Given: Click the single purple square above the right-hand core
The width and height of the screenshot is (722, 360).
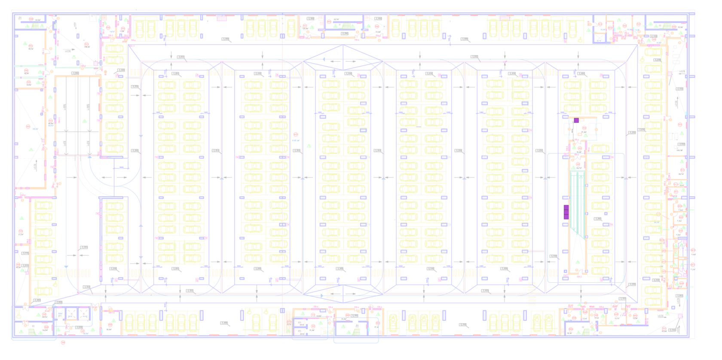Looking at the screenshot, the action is (x=576, y=120).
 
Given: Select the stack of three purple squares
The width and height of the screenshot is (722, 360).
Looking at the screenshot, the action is (x=566, y=212).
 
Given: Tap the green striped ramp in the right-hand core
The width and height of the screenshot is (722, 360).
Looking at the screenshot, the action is (x=577, y=202).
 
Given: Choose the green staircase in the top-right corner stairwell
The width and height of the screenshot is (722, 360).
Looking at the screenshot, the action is (x=666, y=26).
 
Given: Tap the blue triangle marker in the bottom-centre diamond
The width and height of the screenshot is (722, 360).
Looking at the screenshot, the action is (x=322, y=296).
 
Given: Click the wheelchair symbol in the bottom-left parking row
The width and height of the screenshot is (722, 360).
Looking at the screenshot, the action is (x=55, y=284).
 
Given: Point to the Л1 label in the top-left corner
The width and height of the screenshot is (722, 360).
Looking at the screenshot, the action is (x=20, y=18).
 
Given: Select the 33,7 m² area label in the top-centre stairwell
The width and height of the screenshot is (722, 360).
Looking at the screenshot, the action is (x=336, y=19).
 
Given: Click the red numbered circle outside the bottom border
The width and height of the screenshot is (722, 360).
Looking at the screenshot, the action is (x=63, y=342).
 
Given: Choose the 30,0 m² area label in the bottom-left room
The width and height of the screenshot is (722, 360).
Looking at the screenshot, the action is (x=109, y=329).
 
